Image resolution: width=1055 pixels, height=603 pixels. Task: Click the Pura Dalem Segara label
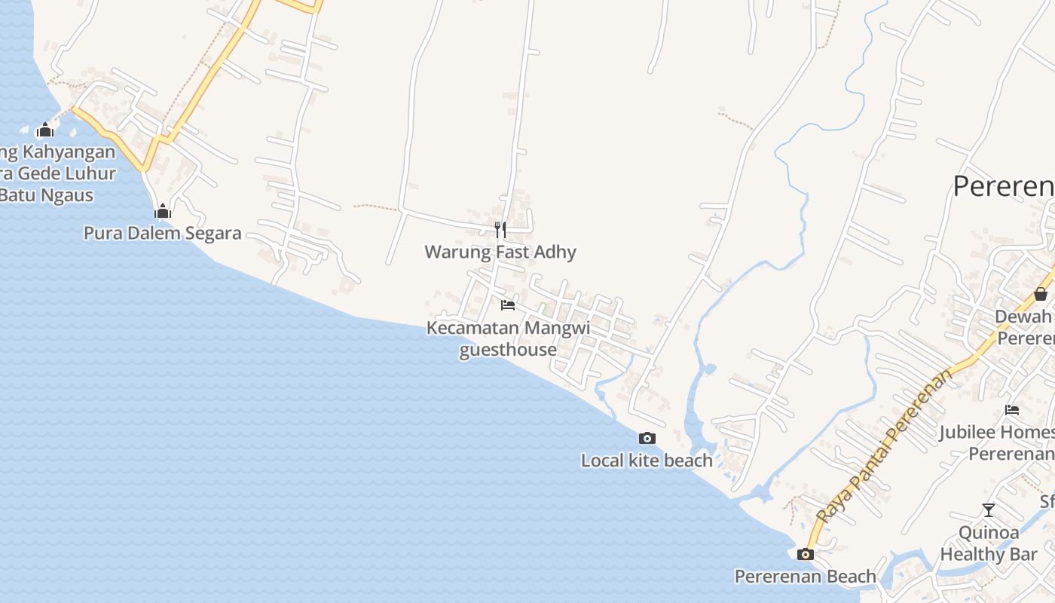pos(162,233)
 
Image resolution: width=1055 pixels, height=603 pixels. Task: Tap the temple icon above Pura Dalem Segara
pos(162,212)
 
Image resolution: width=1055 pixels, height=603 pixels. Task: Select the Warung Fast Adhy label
pos(500,252)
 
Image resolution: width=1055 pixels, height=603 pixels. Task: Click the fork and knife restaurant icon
pos(500,229)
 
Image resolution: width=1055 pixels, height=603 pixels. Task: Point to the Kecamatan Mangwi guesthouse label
pos(508,338)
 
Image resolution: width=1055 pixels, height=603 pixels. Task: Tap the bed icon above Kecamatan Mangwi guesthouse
pos(508,305)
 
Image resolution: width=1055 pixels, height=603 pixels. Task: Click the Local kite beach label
pos(647,460)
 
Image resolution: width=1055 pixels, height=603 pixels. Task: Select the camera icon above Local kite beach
pos(647,438)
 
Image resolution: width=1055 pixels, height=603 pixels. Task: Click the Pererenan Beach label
pos(805,577)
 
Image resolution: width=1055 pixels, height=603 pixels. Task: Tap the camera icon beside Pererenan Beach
pos(805,555)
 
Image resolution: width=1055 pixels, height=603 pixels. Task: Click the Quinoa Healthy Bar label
pos(989,543)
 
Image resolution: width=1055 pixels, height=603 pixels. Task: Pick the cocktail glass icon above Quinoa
pos(989,510)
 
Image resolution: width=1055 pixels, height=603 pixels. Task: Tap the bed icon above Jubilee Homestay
pos(1011,410)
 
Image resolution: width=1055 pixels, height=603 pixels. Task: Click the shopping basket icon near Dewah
pos(1040,294)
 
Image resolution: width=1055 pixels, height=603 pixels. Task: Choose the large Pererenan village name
pos(1003,185)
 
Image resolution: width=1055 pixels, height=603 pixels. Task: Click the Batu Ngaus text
pos(47,195)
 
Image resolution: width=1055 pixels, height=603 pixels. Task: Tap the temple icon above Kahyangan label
pos(45,130)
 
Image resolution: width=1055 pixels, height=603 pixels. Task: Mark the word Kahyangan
pos(68,152)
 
